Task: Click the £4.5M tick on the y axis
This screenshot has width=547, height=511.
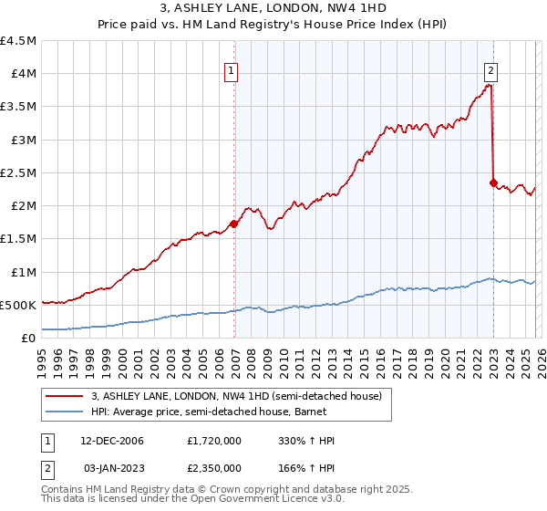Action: [18, 41]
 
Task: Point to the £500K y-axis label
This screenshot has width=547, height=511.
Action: [18, 305]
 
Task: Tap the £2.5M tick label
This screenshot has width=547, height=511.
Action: [18, 172]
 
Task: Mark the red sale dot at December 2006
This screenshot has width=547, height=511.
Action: [234, 224]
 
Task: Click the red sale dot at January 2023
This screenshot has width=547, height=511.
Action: [493, 182]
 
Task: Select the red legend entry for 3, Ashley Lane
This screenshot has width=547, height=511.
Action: [228, 395]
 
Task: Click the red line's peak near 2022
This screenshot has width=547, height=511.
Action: [490, 85]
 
